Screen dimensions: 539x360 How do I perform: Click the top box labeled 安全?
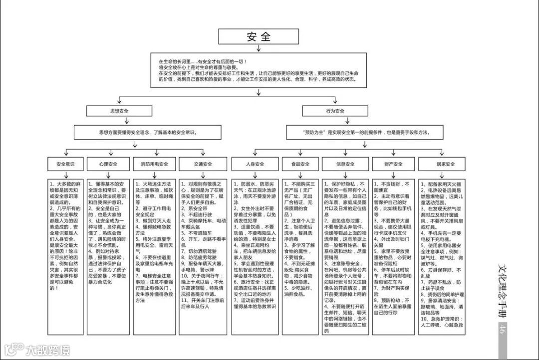pos(259,37)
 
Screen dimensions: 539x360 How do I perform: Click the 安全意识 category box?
pos(66,164)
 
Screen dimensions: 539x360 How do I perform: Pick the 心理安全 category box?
pos(108,164)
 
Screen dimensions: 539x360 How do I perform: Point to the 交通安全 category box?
pos(203,164)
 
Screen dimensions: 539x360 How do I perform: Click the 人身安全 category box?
pos(255,164)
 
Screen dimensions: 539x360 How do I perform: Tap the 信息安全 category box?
pos(345,164)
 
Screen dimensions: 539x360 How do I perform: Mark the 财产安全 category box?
pos(393,164)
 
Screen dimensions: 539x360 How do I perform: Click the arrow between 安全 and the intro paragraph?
pos(259,48)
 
